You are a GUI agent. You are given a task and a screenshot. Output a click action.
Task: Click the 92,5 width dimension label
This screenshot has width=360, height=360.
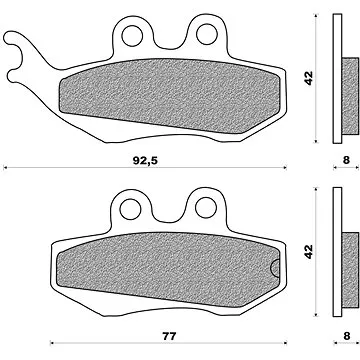pyautogui.click(x=145, y=161)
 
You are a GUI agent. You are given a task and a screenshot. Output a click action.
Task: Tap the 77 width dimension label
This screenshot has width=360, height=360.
pyautogui.click(x=169, y=336)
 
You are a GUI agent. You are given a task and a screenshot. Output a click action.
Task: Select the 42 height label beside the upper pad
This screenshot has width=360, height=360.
pyautogui.click(x=309, y=78)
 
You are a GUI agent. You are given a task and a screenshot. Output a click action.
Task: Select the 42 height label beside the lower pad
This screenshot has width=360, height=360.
pyautogui.click(x=309, y=251)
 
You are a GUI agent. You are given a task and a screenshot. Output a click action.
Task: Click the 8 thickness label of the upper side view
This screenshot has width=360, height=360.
pyautogui.click(x=346, y=160)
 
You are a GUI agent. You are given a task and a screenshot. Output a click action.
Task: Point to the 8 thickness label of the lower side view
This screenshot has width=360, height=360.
pyautogui.click(x=347, y=336)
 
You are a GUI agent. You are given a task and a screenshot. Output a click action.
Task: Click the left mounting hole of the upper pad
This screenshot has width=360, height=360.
pyautogui.click(x=132, y=35)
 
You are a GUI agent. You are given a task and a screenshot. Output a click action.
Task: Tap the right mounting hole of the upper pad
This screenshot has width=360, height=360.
pyautogui.click(x=207, y=34)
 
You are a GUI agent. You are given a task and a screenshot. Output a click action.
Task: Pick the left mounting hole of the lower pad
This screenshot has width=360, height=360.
pyautogui.click(x=130, y=209)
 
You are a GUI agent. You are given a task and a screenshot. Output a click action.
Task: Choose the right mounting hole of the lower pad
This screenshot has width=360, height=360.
pyautogui.click(x=206, y=208)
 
